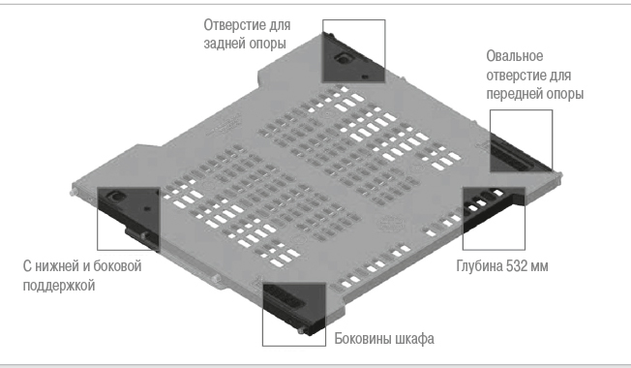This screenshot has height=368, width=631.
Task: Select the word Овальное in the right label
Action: click(515, 56)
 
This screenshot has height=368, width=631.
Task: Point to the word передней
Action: click(514, 94)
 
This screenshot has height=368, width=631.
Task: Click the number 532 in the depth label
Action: click(516, 266)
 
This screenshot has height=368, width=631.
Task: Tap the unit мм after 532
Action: click(539, 267)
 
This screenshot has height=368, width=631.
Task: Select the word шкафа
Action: click(414, 339)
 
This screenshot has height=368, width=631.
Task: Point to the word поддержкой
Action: click(59, 286)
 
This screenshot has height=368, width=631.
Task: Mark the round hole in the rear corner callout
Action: click(344, 59)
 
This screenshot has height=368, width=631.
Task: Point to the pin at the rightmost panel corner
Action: click(558, 174)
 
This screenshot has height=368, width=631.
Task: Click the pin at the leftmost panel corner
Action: click(75, 190)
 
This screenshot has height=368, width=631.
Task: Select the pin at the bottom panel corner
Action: click(302, 330)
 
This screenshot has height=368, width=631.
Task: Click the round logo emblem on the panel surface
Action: click(390, 224)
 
